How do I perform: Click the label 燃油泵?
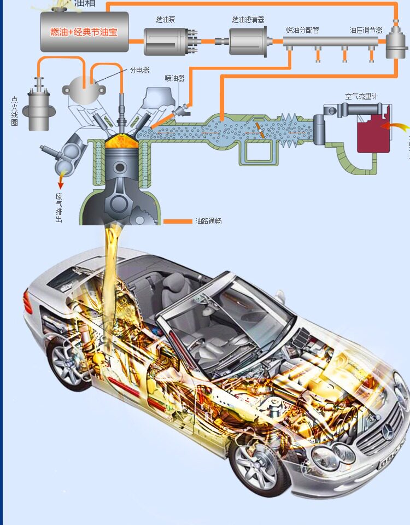(x=165, y=20)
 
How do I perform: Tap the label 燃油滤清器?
(x=248, y=20)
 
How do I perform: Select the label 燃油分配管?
(x=301, y=30)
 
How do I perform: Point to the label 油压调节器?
(x=366, y=30)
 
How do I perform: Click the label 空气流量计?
(x=361, y=96)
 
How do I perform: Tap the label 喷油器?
(x=174, y=78)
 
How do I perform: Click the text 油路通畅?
(x=208, y=221)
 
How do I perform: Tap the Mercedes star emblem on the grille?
(x=388, y=435)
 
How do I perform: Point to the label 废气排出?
(x=58, y=208)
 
